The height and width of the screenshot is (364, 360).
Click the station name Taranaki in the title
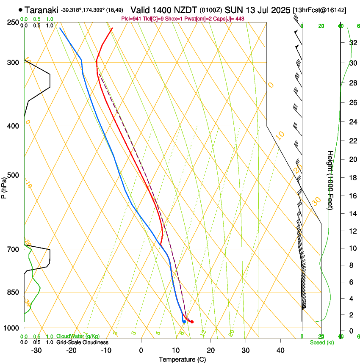(x=42, y=10)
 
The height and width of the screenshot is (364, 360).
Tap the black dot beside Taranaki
(x=20, y=9)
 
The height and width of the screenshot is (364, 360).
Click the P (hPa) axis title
(x=4, y=187)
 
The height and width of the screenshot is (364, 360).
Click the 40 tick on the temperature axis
(x=280, y=350)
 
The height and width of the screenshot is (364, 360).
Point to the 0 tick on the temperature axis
(x=141, y=350)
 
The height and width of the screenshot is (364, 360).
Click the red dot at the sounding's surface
(x=192, y=322)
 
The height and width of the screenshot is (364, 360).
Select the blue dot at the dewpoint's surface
(x=184, y=322)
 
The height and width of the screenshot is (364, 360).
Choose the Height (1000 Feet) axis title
(x=330, y=180)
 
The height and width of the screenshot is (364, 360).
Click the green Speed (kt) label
(x=321, y=342)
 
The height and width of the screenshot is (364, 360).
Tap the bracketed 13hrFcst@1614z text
(x=319, y=10)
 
